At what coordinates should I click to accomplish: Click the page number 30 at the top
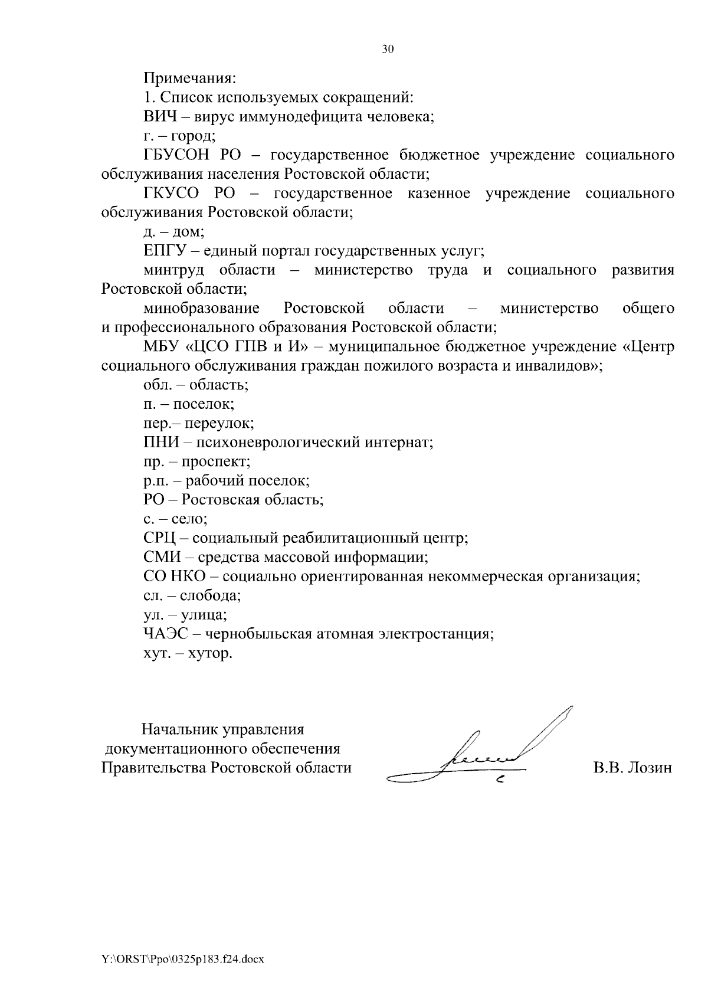387,50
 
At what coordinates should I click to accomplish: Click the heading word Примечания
189,78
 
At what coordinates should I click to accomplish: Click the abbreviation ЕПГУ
165,251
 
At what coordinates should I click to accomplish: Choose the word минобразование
201,308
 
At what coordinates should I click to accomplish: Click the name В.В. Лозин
632,768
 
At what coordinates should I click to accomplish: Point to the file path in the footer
183,960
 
